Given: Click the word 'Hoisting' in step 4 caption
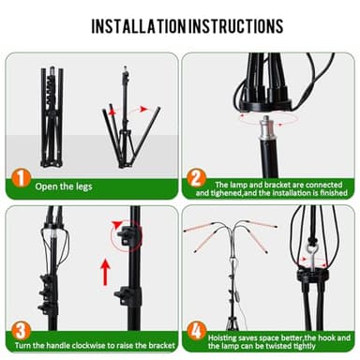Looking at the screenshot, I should point(230,336).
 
